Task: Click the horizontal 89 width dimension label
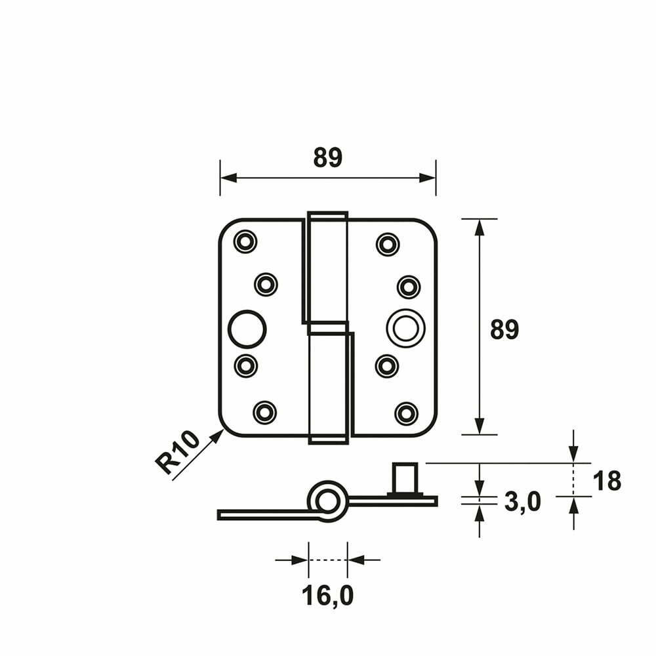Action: click(327, 157)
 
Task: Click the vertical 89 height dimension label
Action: click(504, 329)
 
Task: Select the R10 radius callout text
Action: click(177, 453)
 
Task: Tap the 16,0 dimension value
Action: click(327, 596)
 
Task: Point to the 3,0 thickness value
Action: click(523, 501)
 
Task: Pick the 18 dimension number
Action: click(607, 481)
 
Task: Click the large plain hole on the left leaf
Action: click(247, 329)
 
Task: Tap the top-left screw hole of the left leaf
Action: click(245, 241)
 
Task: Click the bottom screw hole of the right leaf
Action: click(406, 413)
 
